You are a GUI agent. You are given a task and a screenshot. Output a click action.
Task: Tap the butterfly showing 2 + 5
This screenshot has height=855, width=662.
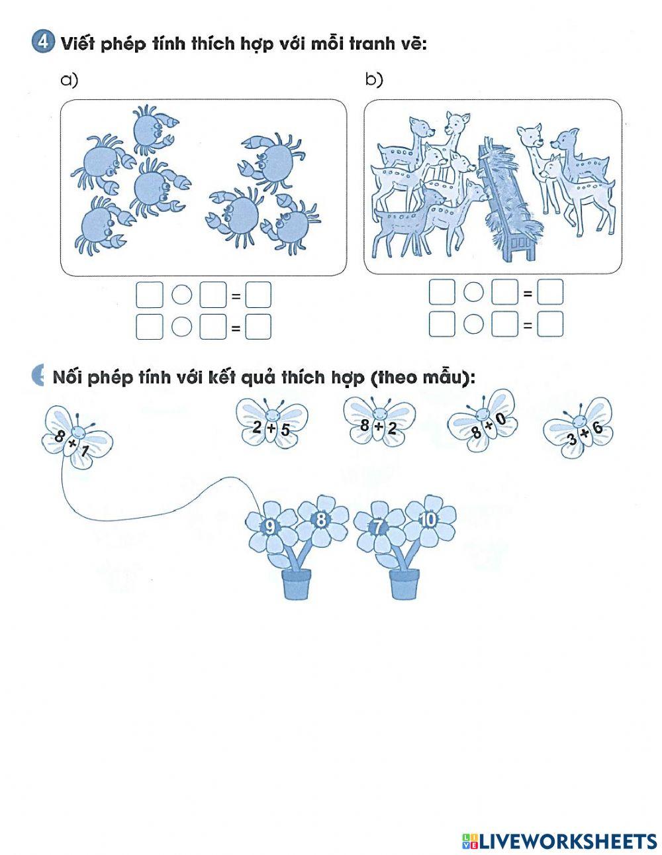click(271, 424)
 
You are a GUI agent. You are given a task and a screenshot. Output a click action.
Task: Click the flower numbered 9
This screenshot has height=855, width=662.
click(270, 527)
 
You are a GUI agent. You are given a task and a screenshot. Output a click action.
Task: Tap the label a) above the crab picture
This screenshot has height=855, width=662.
click(70, 80)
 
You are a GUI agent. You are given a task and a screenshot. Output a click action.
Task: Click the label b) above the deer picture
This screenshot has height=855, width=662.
click(374, 80)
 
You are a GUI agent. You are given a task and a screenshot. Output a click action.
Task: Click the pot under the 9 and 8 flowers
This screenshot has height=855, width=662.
click(296, 584)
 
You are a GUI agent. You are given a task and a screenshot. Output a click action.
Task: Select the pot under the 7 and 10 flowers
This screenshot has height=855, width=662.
click(404, 584)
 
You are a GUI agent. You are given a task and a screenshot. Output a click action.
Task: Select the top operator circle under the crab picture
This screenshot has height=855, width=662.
click(181, 295)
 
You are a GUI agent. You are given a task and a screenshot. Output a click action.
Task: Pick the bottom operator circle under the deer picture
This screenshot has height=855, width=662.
click(473, 324)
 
